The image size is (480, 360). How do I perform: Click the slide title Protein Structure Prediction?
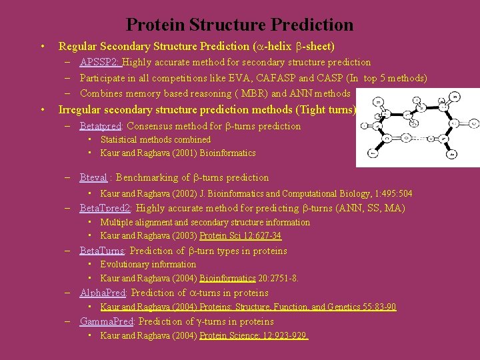coord(239,25)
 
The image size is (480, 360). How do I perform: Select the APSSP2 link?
coord(99,62)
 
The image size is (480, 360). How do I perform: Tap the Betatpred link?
coord(100,126)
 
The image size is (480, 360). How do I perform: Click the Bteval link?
coord(93,177)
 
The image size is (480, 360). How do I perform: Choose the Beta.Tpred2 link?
coord(105,208)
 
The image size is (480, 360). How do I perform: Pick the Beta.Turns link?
coord(101,251)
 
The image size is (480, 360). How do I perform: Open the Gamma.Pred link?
coord(107,321)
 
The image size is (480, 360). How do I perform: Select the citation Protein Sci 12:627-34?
coord(241,236)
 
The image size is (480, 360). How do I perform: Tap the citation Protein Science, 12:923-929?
coord(253,335)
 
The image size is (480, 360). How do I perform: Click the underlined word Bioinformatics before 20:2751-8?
coord(227,278)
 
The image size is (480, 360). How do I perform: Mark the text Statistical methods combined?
coord(155,139)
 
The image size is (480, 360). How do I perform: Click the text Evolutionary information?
coord(148,264)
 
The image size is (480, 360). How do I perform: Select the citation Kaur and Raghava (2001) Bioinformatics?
coord(177,153)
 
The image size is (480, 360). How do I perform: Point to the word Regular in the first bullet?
coord(78,46)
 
